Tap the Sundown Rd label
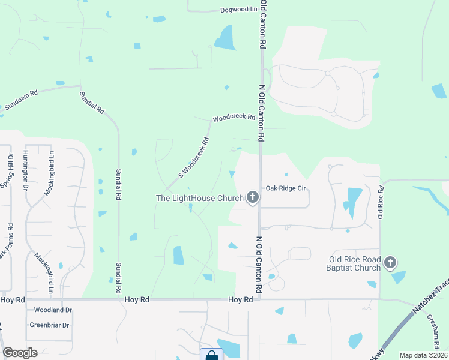point(21,100)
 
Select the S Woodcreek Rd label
point(193,158)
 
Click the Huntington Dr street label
point(26,170)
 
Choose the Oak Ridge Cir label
point(286,188)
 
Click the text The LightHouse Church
point(199,198)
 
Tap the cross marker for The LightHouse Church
point(253,197)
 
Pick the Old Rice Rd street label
point(381,202)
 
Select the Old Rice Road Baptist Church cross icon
point(390,263)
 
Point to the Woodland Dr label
point(53,310)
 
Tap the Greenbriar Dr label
point(50,325)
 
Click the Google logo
point(20,352)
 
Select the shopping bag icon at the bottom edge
point(211,355)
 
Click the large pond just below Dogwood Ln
point(226,37)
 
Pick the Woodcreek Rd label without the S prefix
point(234,118)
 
